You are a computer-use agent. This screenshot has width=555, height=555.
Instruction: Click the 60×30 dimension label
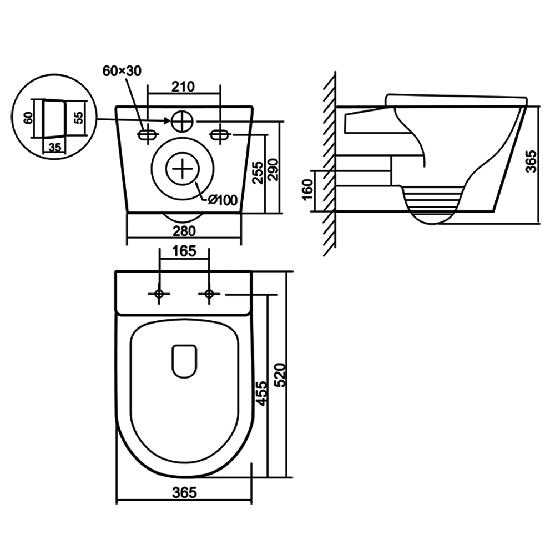coord(122,70)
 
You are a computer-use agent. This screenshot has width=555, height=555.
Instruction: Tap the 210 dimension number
coord(183,87)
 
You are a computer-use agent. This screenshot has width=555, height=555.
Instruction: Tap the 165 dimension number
coord(184,251)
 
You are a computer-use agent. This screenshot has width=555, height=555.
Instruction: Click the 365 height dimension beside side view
coord(531,161)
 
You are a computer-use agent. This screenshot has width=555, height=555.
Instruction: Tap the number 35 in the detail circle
coord(54,148)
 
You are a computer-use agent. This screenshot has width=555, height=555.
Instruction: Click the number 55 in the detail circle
coord(79,118)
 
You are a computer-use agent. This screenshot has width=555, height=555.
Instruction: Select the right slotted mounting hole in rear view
coord(220,134)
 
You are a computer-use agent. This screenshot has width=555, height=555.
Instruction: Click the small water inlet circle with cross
coord(182,121)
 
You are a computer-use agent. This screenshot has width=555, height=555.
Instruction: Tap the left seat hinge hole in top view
coord(159,294)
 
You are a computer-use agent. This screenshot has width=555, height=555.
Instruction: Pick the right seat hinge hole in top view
coord(209,294)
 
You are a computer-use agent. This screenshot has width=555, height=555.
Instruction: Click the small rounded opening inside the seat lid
coord(184,362)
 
